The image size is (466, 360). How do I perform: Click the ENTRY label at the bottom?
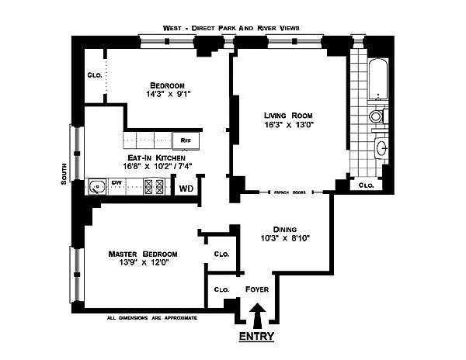tap(256, 337)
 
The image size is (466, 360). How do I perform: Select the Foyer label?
tap(257, 289)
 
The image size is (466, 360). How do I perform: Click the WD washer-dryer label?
tap(186, 189)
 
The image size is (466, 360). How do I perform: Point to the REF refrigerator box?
tap(186, 140)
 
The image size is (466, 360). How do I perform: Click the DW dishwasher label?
tap(116, 182)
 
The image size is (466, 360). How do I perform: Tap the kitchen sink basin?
tap(97, 187)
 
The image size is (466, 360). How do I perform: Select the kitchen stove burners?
tap(154, 187)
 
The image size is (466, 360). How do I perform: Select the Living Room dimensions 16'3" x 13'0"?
tap(289, 125)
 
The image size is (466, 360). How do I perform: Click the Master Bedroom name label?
tap(143, 254)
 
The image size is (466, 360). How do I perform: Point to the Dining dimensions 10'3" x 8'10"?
tap(285, 238)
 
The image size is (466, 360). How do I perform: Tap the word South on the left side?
tap(64, 174)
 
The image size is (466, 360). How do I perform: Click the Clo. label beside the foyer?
tap(221, 289)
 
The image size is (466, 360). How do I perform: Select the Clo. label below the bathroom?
tap(366, 185)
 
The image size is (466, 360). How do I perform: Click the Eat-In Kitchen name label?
tap(156, 157)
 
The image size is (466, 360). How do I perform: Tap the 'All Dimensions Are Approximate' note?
tap(152, 318)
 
